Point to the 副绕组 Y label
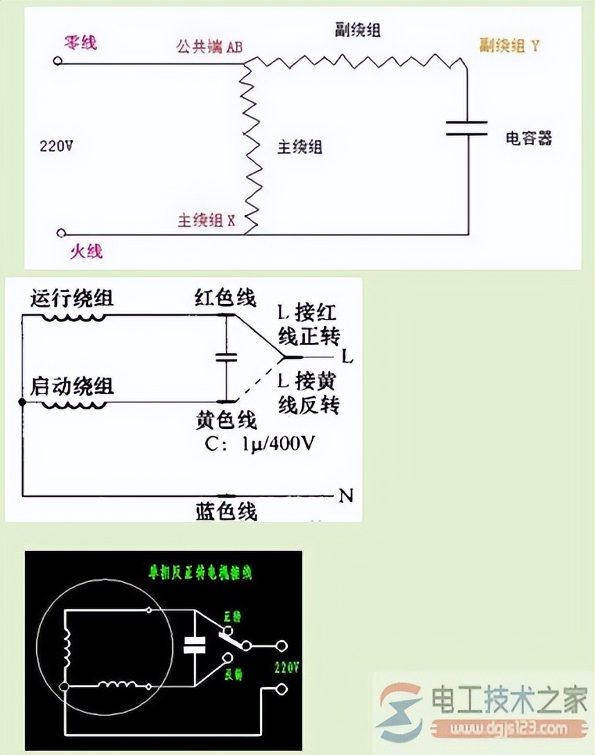(x=510, y=46)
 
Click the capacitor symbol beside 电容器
(x=466, y=128)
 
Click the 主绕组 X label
(x=207, y=221)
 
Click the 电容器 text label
(x=529, y=138)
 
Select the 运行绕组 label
(x=72, y=299)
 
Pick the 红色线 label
(x=226, y=298)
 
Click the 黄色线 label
(x=226, y=419)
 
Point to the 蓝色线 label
(x=226, y=511)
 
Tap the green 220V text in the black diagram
(x=286, y=668)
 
